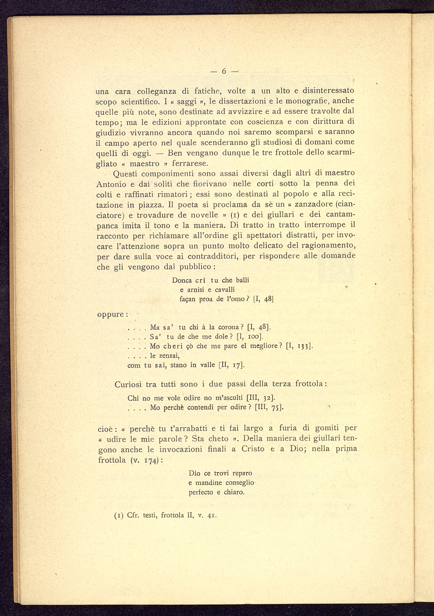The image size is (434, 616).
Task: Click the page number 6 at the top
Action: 224,71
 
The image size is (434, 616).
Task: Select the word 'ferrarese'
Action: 190,163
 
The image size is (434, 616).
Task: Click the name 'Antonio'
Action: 111,184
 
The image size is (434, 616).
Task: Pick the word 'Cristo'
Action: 253,449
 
